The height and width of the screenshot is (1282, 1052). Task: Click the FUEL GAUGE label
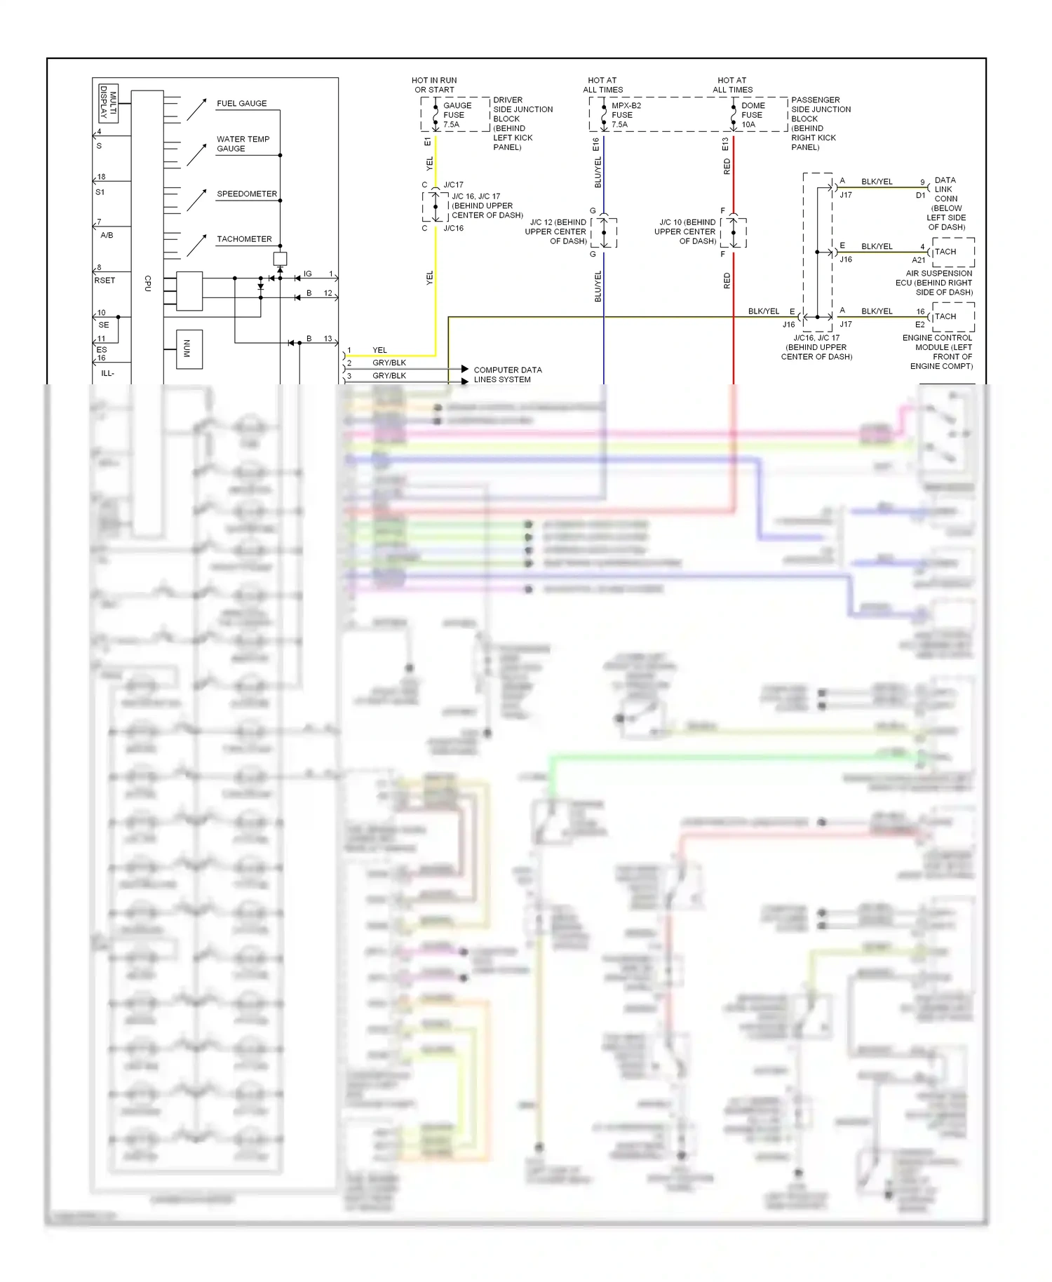[x=241, y=103]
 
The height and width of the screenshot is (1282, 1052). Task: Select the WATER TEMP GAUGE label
[x=243, y=144]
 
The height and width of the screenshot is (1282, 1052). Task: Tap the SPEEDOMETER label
[x=246, y=194]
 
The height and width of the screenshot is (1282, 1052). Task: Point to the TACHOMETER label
[x=244, y=239]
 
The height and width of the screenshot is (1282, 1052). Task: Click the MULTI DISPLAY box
[x=107, y=102]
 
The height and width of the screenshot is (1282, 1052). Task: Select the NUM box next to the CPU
[x=189, y=349]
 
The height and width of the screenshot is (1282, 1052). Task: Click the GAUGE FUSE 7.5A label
[x=457, y=115]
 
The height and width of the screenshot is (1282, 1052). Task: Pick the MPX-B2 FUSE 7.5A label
[x=626, y=115]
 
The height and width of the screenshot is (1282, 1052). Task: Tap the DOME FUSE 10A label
[x=753, y=115]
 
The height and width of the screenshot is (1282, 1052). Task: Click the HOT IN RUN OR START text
[x=434, y=85]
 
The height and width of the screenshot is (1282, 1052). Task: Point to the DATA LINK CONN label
[x=945, y=189]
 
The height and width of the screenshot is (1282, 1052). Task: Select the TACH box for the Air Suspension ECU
[x=953, y=252]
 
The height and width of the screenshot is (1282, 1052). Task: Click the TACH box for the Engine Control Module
[x=953, y=317]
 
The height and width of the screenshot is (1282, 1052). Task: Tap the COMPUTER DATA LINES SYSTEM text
[x=507, y=375]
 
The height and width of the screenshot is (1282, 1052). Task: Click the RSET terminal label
[x=104, y=281]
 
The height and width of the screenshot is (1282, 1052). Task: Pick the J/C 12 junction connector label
[x=557, y=231]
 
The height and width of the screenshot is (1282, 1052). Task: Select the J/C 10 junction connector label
[x=686, y=231]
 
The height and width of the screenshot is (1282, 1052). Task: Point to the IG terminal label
[x=307, y=274]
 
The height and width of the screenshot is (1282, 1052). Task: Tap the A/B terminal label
[x=107, y=235]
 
